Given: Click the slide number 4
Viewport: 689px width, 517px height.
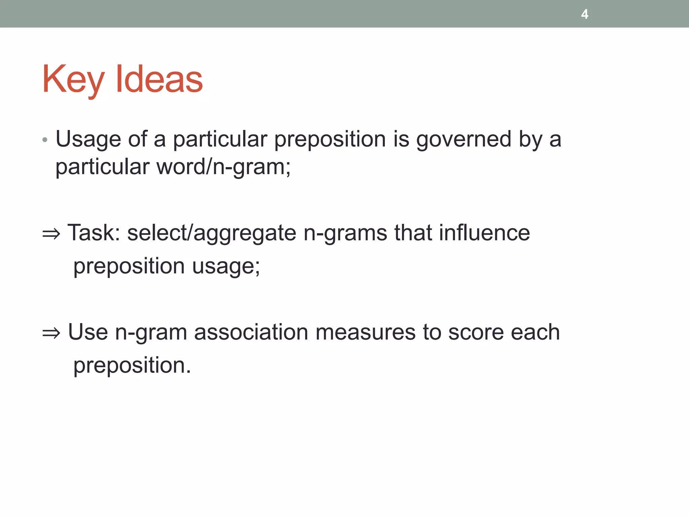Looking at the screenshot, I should [x=584, y=14].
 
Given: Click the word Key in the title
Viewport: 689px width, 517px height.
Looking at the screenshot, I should [x=73, y=79].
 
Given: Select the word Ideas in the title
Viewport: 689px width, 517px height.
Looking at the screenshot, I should [x=159, y=79].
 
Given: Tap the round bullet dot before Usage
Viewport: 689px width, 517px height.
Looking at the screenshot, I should [x=45, y=139].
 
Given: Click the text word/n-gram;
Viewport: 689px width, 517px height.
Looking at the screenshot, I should [x=223, y=167].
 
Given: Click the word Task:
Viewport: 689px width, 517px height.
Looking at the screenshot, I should [x=94, y=233].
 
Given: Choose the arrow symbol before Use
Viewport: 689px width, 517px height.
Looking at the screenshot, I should [x=51, y=333].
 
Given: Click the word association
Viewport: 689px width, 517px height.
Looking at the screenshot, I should [x=251, y=332].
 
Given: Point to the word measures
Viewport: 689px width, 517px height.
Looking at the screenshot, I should [x=365, y=332].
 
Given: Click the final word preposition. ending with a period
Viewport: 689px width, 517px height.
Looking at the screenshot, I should [x=132, y=366].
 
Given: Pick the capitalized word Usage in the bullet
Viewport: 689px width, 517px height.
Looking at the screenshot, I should [x=88, y=139].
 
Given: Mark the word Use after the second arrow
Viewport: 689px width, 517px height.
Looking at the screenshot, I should [x=88, y=332].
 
